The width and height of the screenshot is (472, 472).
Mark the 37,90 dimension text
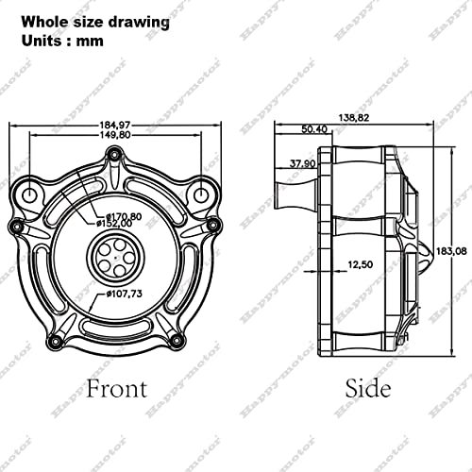pyautogui.click(x=302, y=161)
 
